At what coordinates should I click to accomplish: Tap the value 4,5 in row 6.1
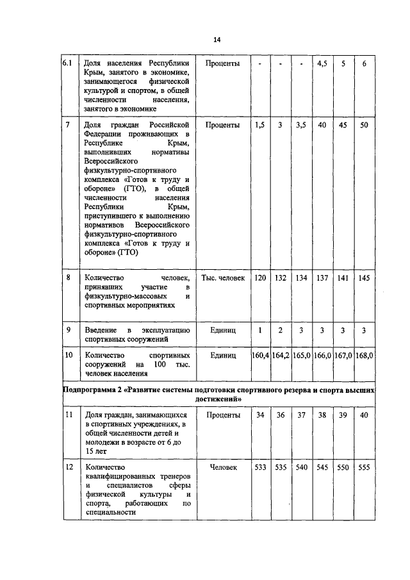point(322,64)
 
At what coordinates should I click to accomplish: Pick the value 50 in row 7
point(364,125)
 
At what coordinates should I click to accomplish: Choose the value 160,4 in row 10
point(259,354)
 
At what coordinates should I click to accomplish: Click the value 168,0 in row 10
point(364,354)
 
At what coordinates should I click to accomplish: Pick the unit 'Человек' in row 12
point(223,468)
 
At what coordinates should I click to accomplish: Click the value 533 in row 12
point(259,468)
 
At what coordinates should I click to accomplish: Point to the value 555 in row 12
point(364,468)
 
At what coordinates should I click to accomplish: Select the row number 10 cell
point(69,354)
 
